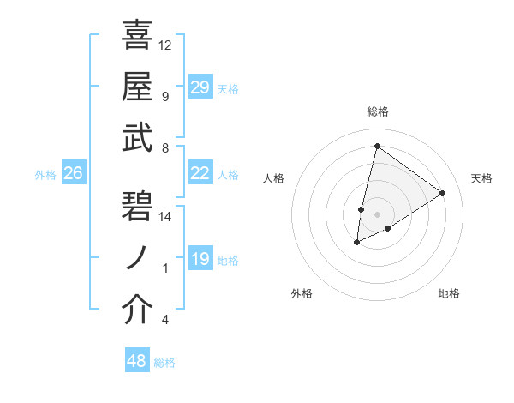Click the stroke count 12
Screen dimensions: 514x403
(x=165, y=45)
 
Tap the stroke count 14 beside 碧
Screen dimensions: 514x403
(x=165, y=217)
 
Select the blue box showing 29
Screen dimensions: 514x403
(x=200, y=87)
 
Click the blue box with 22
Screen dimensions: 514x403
(x=200, y=173)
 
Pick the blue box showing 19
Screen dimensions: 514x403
(x=200, y=259)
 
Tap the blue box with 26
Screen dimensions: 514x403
(x=73, y=174)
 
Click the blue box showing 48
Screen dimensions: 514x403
(x=137, y=361)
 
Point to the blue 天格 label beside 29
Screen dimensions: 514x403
(x=228, y=89)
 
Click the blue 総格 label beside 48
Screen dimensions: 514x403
(x=164, y=363)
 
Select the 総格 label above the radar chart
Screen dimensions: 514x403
(x=377, y=111)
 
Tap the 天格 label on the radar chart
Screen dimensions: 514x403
(x=481, y=178)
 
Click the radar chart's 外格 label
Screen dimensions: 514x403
(x=302, y=293)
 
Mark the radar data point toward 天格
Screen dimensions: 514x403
(x=442, y=193)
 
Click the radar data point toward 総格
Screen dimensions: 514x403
(x=377, y=146)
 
